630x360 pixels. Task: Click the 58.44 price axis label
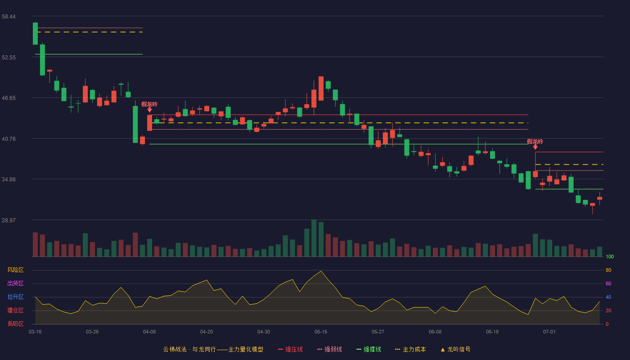[9, 17]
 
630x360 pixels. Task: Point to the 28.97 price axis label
[9, 220]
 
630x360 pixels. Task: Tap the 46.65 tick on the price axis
[9, 98]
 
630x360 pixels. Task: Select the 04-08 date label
[149, 332]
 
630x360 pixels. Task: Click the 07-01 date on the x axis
[549, 332]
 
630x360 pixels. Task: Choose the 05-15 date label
[321, 332]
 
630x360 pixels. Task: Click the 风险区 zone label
[15, 270]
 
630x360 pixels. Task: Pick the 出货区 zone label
[15, 283]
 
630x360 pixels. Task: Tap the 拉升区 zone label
[15, 297]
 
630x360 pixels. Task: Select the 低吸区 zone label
[15, 324]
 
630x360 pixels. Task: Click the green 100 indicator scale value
[610, 256]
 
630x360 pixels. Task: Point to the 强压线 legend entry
[290, 349]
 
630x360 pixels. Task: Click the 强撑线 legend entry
[369, 349]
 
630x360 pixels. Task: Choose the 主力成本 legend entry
[410, 349]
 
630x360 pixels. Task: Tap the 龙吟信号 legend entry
[455, 349]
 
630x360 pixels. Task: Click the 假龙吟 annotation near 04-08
[149, 104]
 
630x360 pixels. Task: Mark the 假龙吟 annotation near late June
[535, 141]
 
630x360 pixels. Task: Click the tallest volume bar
[314, 238]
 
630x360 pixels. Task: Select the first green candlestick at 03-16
[35, 33]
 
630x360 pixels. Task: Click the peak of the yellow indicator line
[321, 271]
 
